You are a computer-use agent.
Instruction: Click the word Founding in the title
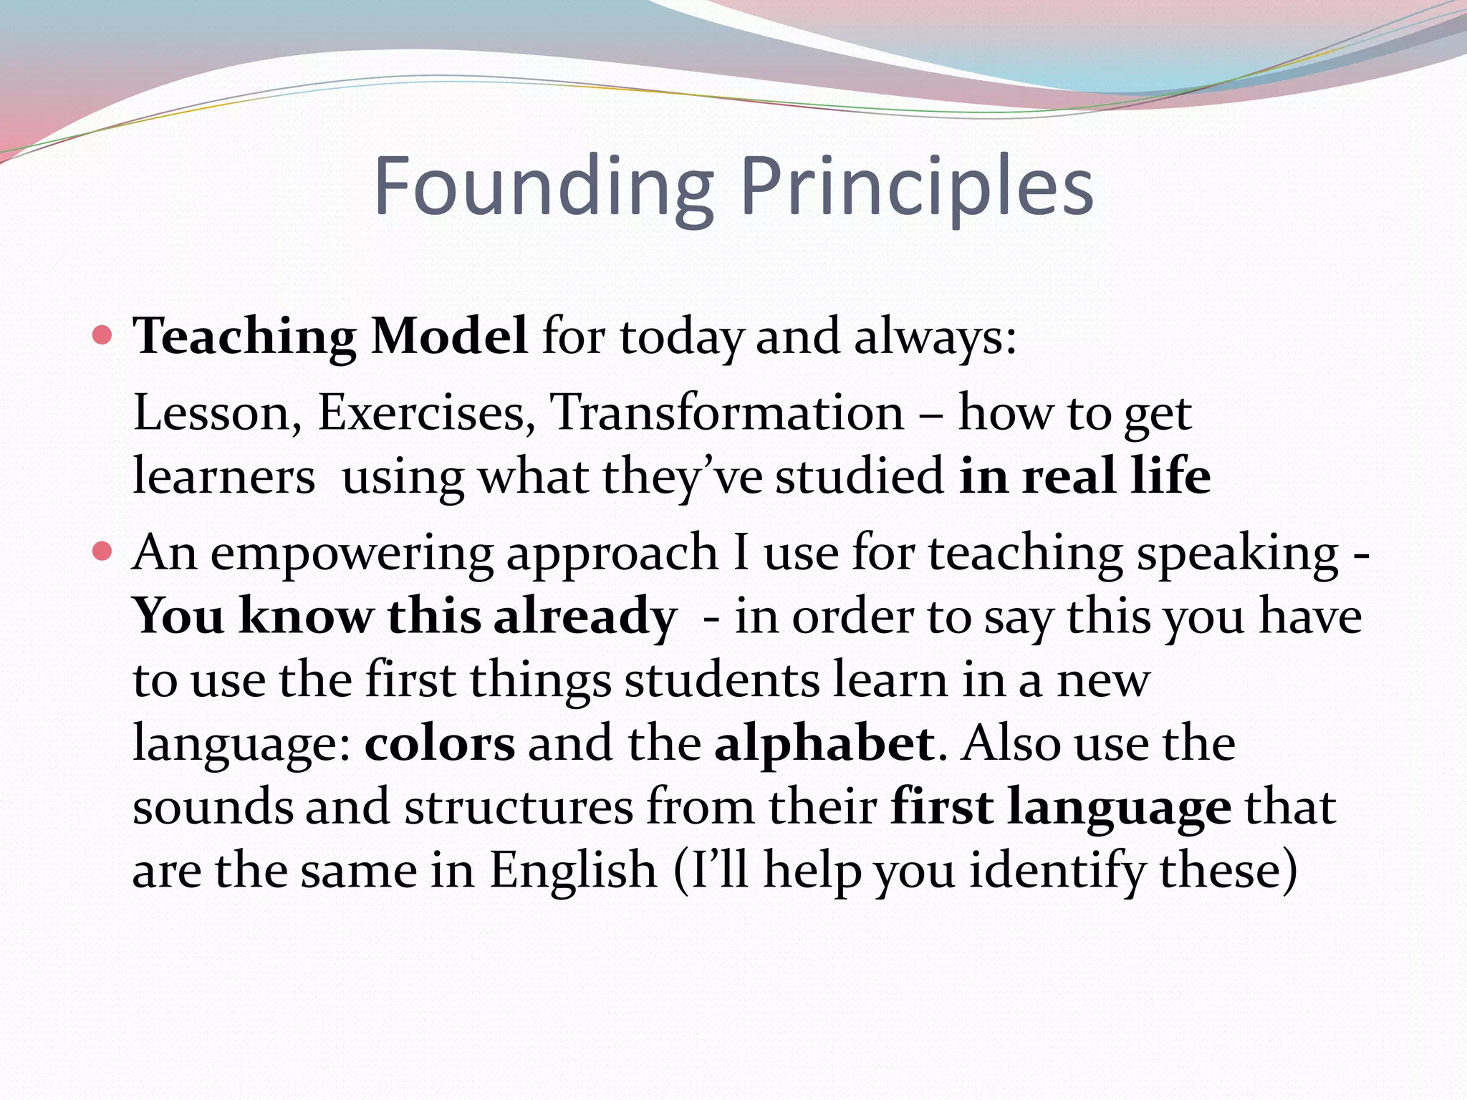pos(543,188)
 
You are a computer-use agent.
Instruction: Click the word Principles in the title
pos(916,188)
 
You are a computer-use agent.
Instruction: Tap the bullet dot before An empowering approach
pos(103,551)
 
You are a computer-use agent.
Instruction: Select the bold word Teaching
pos(244,337)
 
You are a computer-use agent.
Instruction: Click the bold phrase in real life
pos(1084,476)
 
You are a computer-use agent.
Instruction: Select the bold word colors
pos(439,743)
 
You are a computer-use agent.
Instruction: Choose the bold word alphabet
pos(824,743)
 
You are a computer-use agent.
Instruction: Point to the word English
pos(573,871)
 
